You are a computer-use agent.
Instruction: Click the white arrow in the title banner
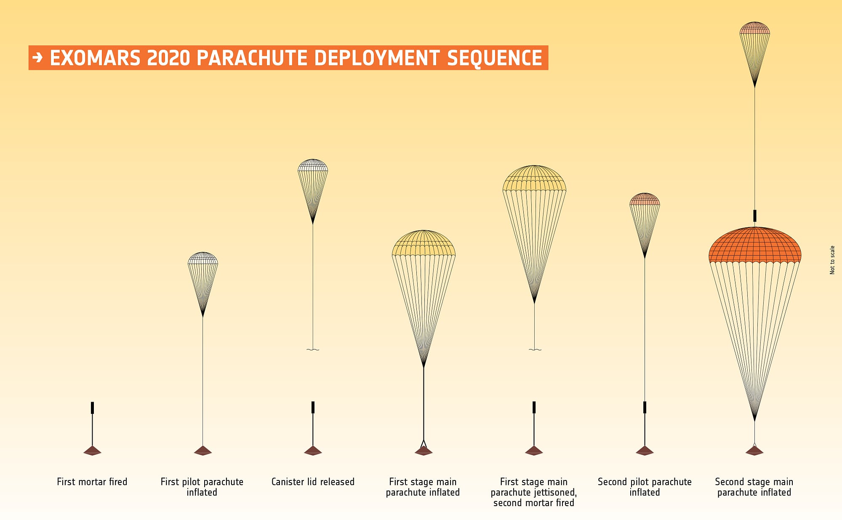coord(37,58)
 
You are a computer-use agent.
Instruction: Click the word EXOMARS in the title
coord(95,58)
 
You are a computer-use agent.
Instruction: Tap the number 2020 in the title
coord(169,58)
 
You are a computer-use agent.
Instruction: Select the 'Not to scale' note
coord(832,260)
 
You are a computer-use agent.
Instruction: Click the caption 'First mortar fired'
coord(92,482)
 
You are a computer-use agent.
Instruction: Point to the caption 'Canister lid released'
coord(313,482)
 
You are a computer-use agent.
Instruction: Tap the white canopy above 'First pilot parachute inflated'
coord(203,259)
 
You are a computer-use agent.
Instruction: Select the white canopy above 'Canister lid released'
coord(313,165)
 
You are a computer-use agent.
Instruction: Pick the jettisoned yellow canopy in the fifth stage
coord(534,179)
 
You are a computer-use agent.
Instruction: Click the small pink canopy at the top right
coord(755,28)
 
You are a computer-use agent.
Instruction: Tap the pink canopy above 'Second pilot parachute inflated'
coord(645,200)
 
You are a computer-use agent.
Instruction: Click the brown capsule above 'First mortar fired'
coord(92,451)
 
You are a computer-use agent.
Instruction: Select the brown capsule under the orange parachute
coord(754,451)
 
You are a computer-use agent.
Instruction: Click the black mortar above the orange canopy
coord(755,216)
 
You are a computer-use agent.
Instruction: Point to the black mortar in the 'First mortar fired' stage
coord(92,408)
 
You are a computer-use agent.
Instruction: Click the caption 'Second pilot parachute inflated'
coord(645,487)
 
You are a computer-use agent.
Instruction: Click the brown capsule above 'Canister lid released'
coord(313,451)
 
